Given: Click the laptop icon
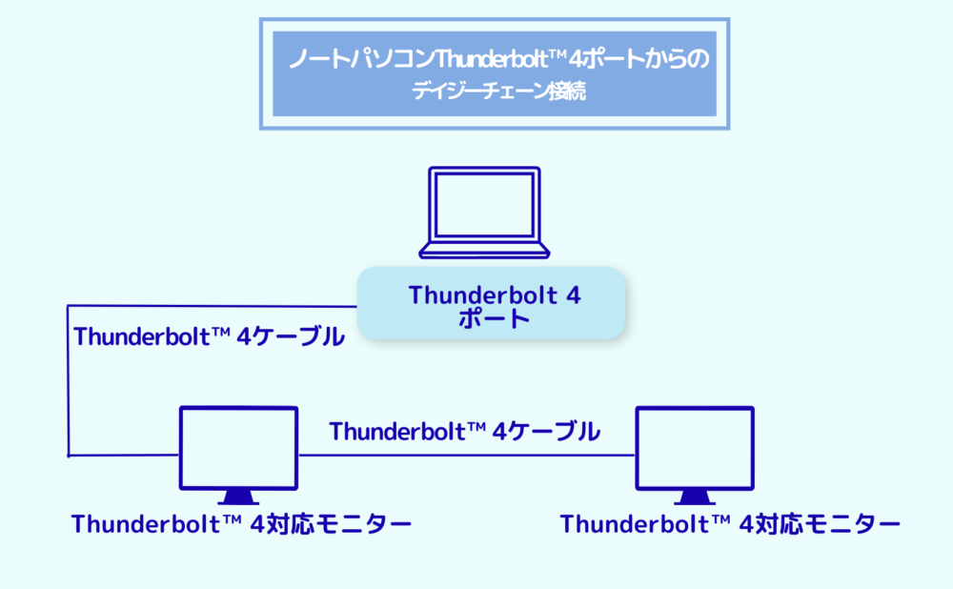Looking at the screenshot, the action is pos(484,213).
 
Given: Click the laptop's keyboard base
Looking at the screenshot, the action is pos(484,251).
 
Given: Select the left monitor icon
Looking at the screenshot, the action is pos(238,456).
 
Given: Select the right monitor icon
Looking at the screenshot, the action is pos(695,456).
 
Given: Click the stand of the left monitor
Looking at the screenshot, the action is pos(238,498).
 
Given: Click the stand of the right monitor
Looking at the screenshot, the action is pos(695,498).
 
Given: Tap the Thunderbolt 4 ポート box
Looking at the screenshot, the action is pos(491,303).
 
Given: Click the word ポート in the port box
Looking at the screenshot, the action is pos(494,318).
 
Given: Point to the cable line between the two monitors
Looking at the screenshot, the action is pos(467,456).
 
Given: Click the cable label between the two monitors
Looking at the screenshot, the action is pos(465,432).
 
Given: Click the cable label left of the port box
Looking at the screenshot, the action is pos(209,336).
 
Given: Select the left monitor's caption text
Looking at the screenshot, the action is pos(241,524).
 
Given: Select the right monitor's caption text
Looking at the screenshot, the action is pos(730,524).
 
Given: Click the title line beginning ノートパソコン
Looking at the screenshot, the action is pos(499,59).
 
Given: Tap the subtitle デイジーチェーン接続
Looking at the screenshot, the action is pos(499,91).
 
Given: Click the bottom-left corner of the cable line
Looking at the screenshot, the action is pos(68,456).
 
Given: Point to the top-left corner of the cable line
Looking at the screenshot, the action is pos(68,306).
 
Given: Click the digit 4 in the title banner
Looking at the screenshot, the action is pos(577,60).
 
